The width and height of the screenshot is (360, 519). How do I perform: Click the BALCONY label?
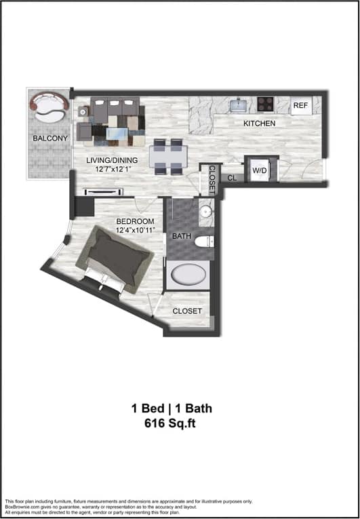tap(49, 138)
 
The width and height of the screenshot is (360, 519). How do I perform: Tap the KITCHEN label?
tap(260, 123)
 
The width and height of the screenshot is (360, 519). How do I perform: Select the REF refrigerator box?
tap(300, 106)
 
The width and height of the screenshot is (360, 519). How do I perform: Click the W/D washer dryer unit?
tap(260, 170)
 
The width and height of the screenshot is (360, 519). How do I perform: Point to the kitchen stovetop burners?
tap(266, 104)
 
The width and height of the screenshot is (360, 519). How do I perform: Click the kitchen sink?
tap(239, 104)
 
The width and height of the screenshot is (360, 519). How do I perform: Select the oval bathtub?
tap(190, 275)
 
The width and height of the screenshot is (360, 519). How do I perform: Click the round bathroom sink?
tap(206, 212)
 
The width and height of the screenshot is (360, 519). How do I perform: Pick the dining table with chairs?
tap(167, 157)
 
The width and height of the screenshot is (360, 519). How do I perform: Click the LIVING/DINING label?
tap(112, 160)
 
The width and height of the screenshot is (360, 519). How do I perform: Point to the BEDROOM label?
tap(135, 221)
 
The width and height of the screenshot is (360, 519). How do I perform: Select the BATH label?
tap(182, 236)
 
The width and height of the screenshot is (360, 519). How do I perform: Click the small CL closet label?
tap(231, 178)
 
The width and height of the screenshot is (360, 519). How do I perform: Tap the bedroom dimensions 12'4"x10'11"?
tap(135, 230)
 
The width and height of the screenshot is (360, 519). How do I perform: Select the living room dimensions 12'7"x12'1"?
tap(112, 169)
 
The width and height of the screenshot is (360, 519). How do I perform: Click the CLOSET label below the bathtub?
tap(187, 311)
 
